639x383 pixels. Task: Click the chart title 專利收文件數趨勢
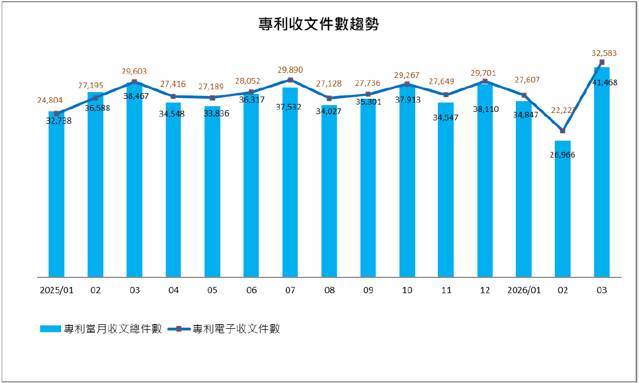pyautogui.click(x=319, y=24)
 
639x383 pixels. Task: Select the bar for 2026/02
pyautogui.click(x=563, y=209)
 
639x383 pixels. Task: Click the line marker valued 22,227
pyautogui.click(x=563, y=131)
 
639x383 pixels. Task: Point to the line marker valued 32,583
pyautogui.click(x=602, y=62)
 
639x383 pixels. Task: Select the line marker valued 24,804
pyautogui.click(x=56, y=114)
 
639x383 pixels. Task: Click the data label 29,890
pyautogui.click(x=290, y=70)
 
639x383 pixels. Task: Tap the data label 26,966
pyautogui.click(x=563, y=155)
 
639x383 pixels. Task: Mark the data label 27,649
pyautogui.click(x=446, y=82)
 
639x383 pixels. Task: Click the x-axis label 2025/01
pyautogui.click(x=56, y=290)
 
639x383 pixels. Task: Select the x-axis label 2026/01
pyautogui.click(x=524, y=290)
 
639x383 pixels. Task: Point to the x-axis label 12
pyautogui.click(x=485, y=290)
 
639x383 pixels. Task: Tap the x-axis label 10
pyautogui.click(x=407, y=290)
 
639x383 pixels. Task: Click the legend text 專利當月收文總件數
pyautogui.click(x=114, y=329)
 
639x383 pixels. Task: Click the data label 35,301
pyautogui.click(x=368, y=102)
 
